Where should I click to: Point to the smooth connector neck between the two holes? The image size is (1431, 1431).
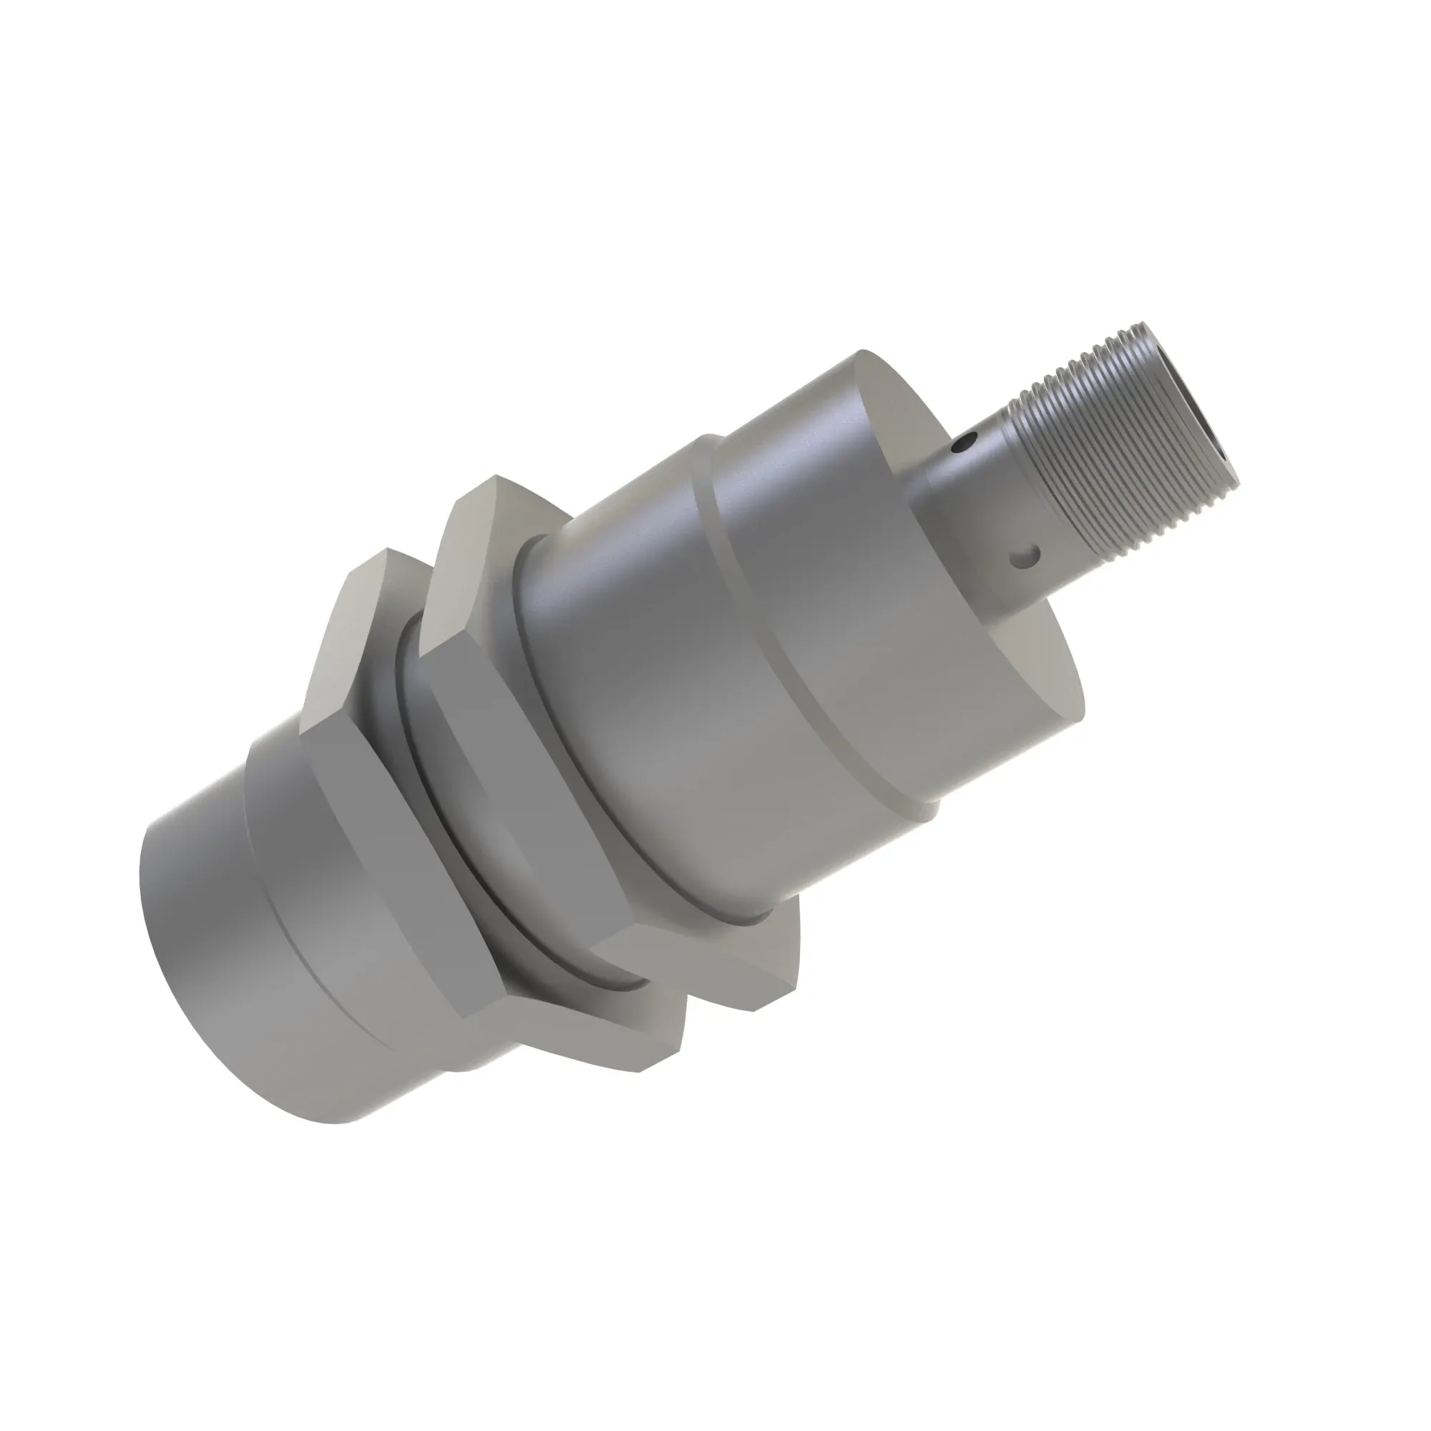pos(977,511)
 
